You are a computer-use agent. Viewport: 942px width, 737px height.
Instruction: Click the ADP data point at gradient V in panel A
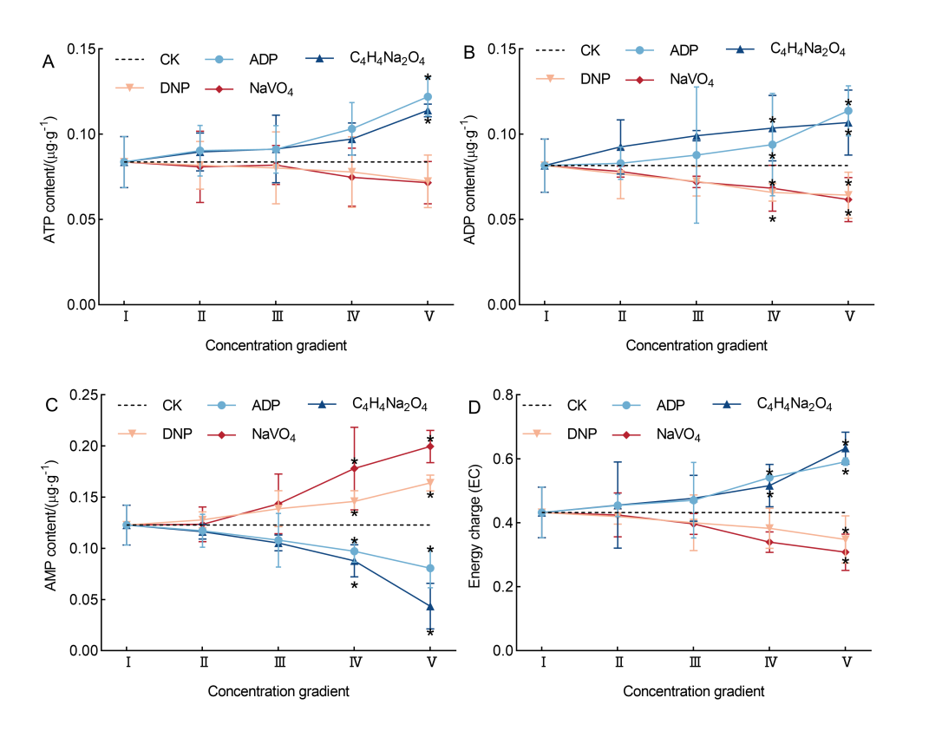[428, 97]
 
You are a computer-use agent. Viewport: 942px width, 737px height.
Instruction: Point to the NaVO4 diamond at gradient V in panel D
[846, 552]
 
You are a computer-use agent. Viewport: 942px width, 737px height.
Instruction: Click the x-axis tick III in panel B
[697, 317]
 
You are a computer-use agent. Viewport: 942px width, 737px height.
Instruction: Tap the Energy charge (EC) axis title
[475, 523]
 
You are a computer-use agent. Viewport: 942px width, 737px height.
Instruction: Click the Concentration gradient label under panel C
[278, 692]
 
